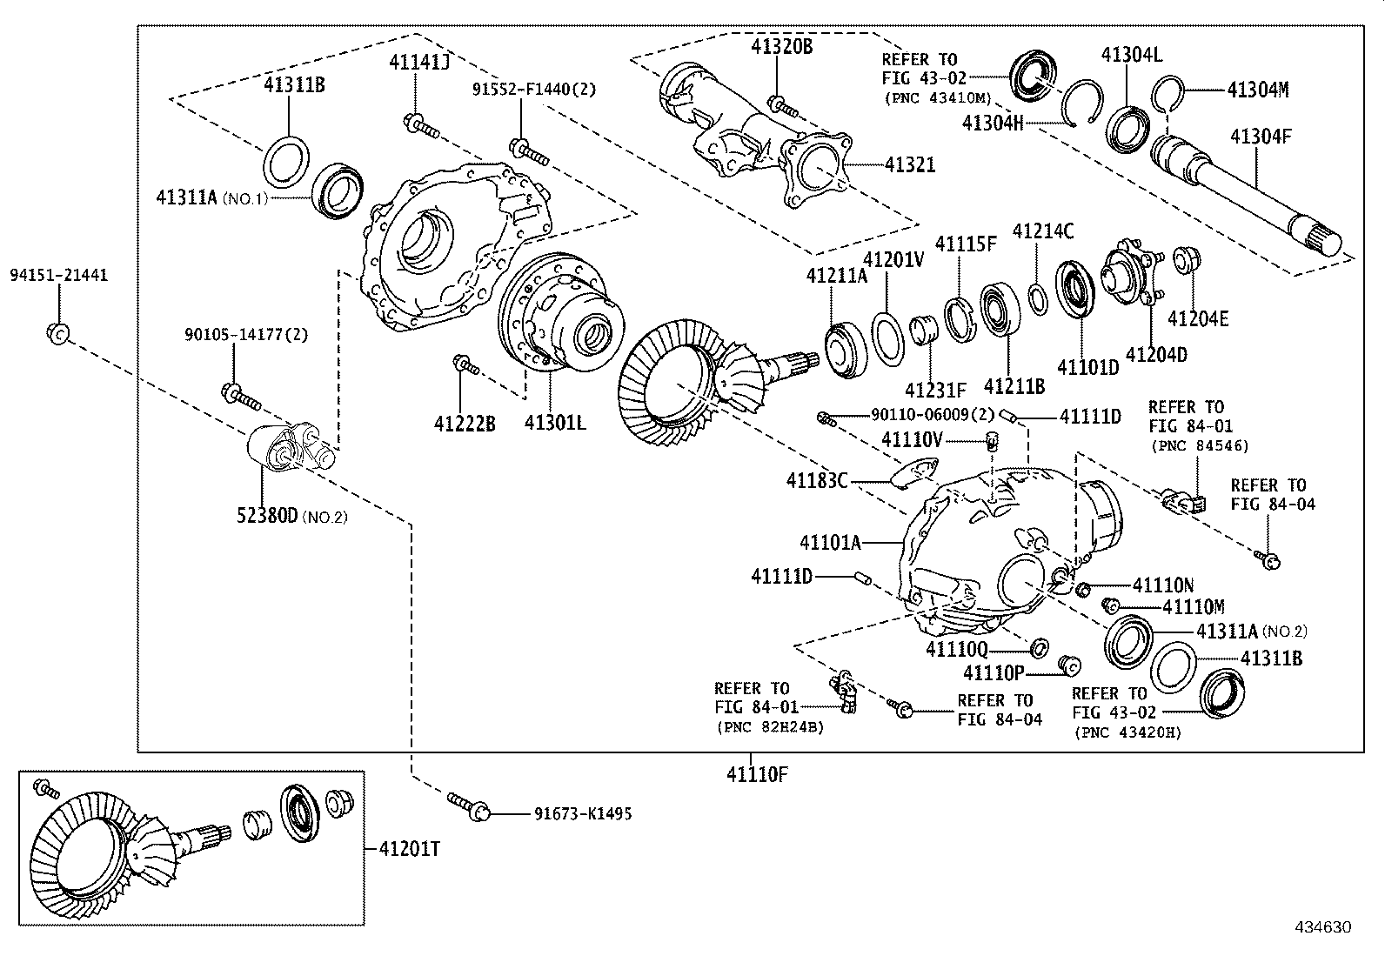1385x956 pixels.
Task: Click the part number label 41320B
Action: click(781, 47)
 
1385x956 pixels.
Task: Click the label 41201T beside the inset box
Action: click(409, 848)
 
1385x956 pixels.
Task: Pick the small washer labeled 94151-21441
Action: click(57, 333)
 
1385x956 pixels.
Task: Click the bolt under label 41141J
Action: click(421, 126)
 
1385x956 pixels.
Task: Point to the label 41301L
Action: click(554, 424)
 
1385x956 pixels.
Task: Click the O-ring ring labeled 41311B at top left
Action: click(285, 160)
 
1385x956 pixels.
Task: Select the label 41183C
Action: click(817, 480)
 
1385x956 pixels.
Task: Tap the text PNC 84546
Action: click(1199, 445)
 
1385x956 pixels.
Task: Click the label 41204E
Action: click(1198, 319)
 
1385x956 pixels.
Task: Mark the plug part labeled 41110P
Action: click(1068, 665)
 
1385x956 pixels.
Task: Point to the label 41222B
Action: click(465, 424)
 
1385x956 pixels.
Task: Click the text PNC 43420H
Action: click(1127, 732)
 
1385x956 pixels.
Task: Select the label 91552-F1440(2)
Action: click(534, 89)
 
